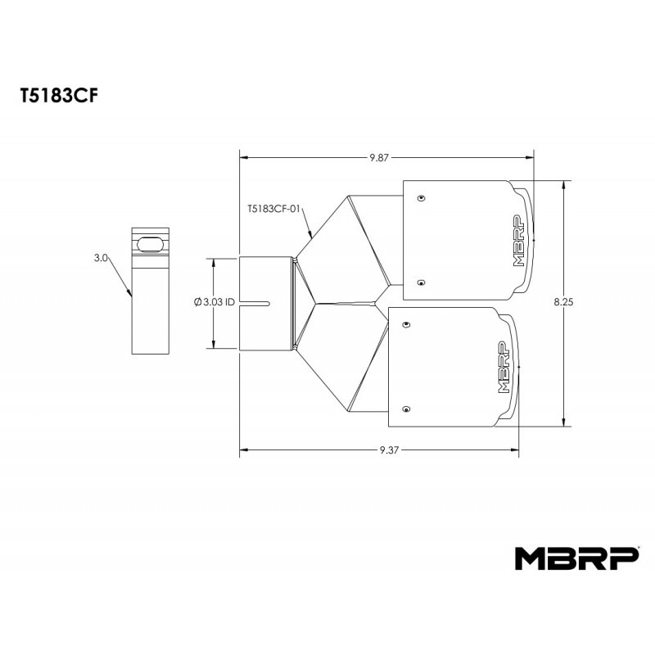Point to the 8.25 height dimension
pyautogui.click(x=563, y=302)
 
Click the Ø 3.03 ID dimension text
pyautogui.click(x=215, y=302)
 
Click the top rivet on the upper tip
pyautogui.click(x=421, y=198)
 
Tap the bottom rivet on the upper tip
pyautogui.click(x=421, y=282)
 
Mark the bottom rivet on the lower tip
pyautogui.click(x=406, y=408)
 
